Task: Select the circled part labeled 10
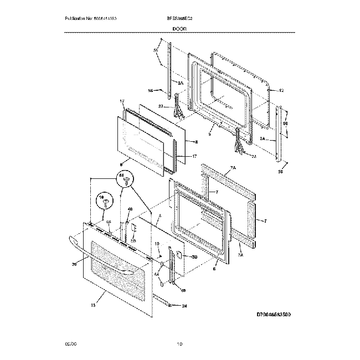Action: pos(102,201)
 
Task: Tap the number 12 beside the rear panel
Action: pos(281,90)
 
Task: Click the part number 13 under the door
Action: pos(93,305)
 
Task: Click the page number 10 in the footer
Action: pos(179,344)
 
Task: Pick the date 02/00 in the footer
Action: pos(69,344)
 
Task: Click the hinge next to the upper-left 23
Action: pos(178,106)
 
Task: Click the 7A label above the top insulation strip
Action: pos(233,167)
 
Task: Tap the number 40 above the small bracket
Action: pos(130,209)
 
